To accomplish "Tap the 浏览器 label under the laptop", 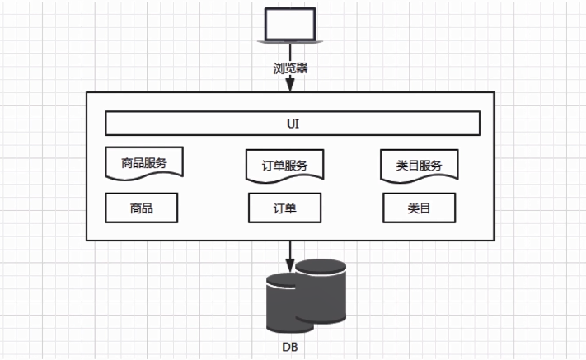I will (290, 68).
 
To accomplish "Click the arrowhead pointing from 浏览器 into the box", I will (290, 85).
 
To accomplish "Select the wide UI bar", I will (292, 124).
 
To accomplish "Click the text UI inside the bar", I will (292, 124).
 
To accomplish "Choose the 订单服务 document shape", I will (284, 164).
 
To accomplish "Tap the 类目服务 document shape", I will (419, 164).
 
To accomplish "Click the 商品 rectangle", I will (141, 208).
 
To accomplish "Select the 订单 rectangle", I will (284, 208).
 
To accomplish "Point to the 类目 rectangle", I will (419, 208).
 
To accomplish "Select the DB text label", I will (288, 348).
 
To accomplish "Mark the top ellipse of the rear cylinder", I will (321, 265).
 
